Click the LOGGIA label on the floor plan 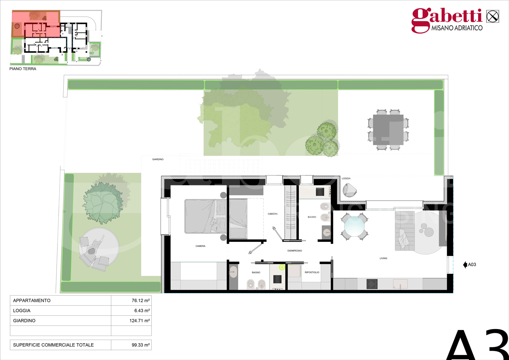pyautogui.click(x=346, y=179)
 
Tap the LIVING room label pyautogui.click(x=383, y=258)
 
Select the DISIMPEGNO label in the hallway pyautogui.click(x=295, y=251)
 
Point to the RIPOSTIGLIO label pyautogui.click(x=312, y=272)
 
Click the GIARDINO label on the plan pyautogui.click(x=158, y=159)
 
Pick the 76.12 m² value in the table pyautogui.click(x=141, y=300)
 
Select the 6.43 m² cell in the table pyautogui.click(x=142, y=311)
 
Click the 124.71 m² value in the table pyautogui.click(x=140, y=321)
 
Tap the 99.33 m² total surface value pyautogui.click(x=141, y=345)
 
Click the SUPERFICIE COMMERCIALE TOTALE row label pyautogui.click(x=53, y=345)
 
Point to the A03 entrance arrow pyautogui.click(x=465, y=265)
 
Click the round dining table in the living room pyautogui.click(x=354, y=227)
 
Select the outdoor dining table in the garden pyautogui.click(x=388, y=130)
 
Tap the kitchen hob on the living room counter pyautogui.click(x=372, y=284)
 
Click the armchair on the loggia pyautogui.click(x=349, y=190)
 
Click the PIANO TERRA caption pyautogui.click(x=23, y=69)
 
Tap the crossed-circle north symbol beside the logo pyautogui.click(x=493, y=16)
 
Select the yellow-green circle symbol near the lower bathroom pyautogui.click(x=282, y=267)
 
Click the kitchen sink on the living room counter pyautogui.click(x=400, y=284)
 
